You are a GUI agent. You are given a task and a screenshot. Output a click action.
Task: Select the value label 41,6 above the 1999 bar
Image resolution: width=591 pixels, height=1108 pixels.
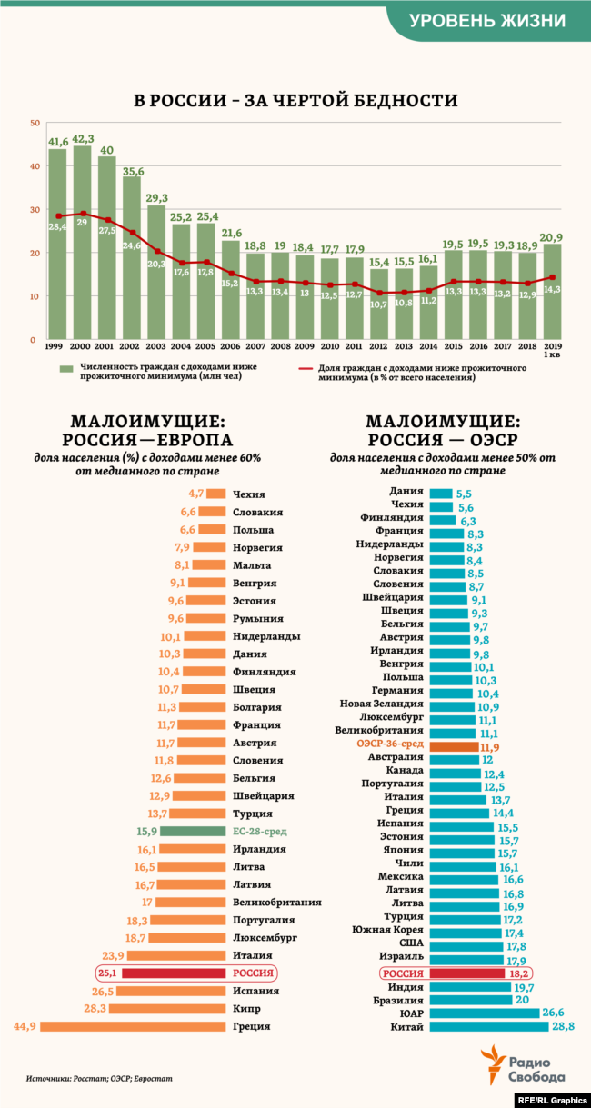click(58, 141)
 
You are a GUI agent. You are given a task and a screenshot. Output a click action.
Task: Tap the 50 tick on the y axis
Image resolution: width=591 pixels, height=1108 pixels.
click(34, 123)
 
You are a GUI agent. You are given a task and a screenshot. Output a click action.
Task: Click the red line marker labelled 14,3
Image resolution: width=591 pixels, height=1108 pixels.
click(552, 278)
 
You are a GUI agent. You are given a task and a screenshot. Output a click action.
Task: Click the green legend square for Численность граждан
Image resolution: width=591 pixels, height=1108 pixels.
click(65, 369)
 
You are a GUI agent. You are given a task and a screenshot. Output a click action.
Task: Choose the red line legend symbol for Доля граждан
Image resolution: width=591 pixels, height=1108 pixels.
click(312, 369)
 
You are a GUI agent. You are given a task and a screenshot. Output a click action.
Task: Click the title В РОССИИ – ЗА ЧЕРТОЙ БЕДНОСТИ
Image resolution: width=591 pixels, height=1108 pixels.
click(295, 101)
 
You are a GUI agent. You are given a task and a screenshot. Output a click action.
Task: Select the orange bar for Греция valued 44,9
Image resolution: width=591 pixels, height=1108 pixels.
click(133, 1026)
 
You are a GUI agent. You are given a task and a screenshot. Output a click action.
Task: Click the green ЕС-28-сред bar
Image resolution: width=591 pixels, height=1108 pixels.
click(194, 832)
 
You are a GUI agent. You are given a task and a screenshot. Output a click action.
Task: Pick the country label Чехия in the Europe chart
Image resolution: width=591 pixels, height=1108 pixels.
click(249, 494)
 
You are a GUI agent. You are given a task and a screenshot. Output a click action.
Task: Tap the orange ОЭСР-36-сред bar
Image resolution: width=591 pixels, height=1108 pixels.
click(454, 746)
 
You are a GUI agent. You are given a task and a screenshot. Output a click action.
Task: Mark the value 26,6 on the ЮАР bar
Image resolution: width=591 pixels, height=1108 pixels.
click(553, 1013)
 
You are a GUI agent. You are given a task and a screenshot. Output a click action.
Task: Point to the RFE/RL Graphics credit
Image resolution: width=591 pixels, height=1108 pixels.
click(552, 1099)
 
